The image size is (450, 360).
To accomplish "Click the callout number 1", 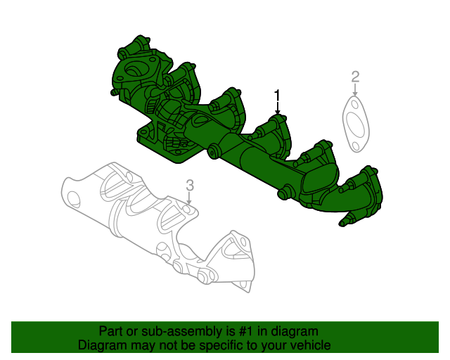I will point(278,94).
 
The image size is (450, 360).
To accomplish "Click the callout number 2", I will point(355,76).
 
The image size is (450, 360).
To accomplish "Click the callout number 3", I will point(189,185).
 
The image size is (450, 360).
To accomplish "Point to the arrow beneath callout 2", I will point(355,91).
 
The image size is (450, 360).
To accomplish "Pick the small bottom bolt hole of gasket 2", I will point(356,146).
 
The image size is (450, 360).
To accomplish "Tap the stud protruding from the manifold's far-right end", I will point(346,222).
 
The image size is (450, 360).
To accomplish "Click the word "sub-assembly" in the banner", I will point(160,331).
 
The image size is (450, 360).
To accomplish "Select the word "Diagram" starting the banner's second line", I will point(101,346).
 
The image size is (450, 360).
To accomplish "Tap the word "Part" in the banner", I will point(110,331).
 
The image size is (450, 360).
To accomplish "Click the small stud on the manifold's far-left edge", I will point(112,91).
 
